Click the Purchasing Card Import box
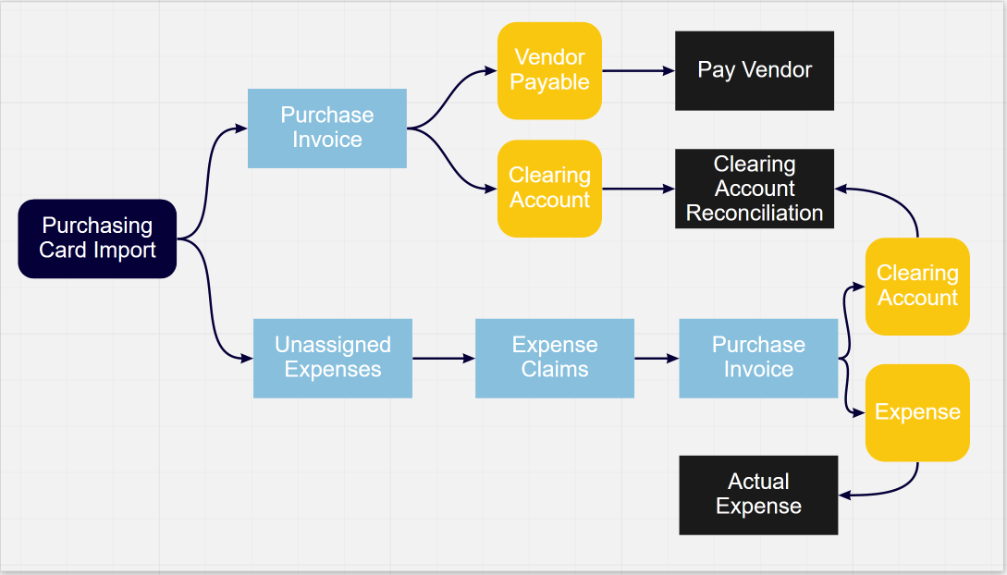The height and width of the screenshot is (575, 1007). (97, 239)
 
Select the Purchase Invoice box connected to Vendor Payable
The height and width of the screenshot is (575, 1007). (327, 128)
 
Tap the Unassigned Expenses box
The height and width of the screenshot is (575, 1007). (333, 358)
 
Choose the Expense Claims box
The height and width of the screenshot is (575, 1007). (555, 358)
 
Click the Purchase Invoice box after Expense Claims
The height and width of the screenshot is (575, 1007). (758, 358)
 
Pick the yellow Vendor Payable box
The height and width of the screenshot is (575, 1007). (549, 70)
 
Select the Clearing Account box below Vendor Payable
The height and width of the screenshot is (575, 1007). (549, 188)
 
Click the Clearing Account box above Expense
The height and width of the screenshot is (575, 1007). (917, 286)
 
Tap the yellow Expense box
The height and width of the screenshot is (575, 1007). (917, 412)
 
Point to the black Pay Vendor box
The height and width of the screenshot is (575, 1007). (755, 70)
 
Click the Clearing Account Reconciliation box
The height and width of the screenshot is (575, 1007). (755, 189)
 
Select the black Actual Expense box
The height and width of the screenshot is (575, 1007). (758, 495)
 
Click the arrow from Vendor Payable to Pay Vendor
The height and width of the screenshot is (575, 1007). (638, 70)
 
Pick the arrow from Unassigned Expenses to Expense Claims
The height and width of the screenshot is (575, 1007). (444, 358)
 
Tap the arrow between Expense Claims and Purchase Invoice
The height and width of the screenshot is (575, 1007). (657, 358)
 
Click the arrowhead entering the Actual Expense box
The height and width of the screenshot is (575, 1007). (844, 495)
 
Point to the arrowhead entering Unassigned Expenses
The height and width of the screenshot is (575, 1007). (247, 358)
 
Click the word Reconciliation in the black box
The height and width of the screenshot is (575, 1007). (755, 213)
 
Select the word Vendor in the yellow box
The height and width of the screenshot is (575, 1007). (549, 57)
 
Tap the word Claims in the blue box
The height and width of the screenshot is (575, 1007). (555, 370)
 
